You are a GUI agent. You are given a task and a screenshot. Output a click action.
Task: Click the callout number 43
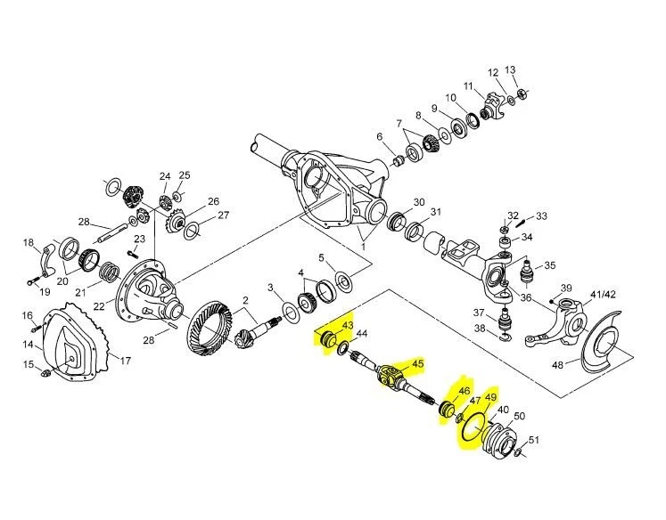click(348, 327)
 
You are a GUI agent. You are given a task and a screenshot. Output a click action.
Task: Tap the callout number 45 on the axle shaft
click(417, 363)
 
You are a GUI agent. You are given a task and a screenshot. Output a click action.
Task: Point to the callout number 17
click(126, 361)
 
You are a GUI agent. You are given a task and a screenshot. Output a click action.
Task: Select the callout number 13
click(511, 69)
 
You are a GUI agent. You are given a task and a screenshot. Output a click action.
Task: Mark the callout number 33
click(542, 216)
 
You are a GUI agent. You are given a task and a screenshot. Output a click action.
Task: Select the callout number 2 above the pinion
click(243, 302)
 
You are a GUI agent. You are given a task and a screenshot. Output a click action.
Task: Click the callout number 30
click(419, 202)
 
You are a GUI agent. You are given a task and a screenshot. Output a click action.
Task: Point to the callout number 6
click(378, 136)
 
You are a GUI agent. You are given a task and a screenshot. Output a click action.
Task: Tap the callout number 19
click(45, 290)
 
